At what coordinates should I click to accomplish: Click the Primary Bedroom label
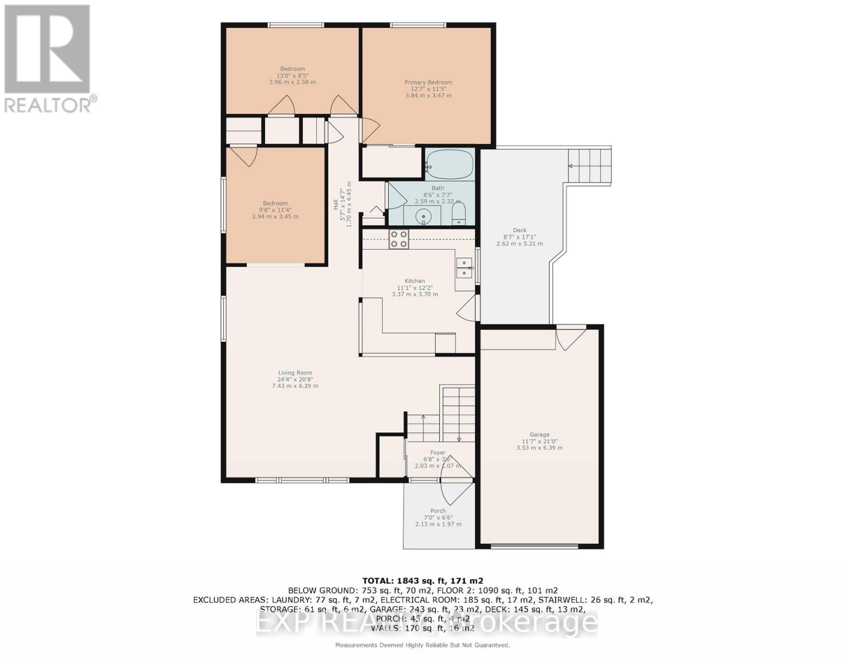(x=428, y=82)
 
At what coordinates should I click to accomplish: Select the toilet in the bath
(x=458, y=214)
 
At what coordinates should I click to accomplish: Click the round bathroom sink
(x=424, y=216)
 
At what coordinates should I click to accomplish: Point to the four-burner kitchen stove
(x=399, y=239)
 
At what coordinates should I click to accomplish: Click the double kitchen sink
(x=465, y=268)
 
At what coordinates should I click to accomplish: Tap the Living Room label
(x=295, y=373)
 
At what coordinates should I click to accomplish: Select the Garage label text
(x=539, y=435)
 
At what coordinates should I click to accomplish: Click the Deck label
(x=520, y=230)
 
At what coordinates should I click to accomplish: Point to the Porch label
(x=438, y=511)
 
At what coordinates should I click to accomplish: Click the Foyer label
(x=438, y=453)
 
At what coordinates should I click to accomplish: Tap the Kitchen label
(x=415, y=281)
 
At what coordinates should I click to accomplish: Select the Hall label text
(x=335, y=204)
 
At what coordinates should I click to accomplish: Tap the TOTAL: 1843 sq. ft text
(x=422, y=581)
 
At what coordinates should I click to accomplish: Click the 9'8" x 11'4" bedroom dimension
(x=275, y=210)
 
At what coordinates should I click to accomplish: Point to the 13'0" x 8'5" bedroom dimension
(x=293, y=75)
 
